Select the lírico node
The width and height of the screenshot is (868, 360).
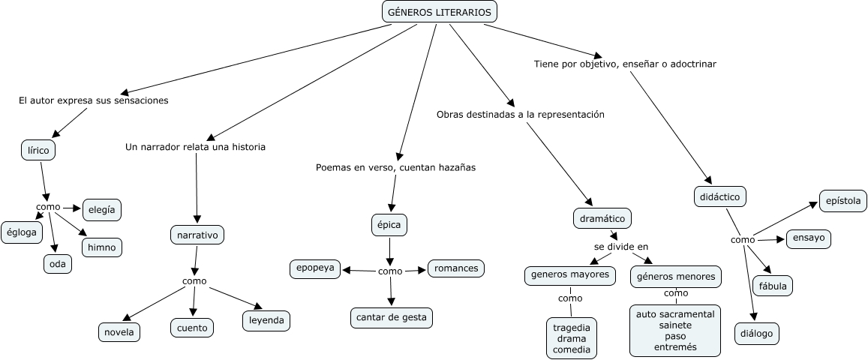pos(38,151)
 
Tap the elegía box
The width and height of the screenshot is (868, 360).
pos(102,210)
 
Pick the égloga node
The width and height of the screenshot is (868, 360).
pos(21,232)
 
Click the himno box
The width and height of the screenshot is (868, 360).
pos(101,247)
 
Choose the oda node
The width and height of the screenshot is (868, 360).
pos(57,263)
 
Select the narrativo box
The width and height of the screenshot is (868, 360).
pos(197,235)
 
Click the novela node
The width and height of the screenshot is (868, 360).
pos(119,331)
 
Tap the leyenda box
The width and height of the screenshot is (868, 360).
pos(266,321)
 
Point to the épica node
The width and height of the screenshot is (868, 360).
pos(390,223)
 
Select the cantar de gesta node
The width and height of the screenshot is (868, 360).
pos(392,317)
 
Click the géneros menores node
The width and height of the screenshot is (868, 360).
pos(676,276)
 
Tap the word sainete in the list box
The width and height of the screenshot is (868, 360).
pos(675,325)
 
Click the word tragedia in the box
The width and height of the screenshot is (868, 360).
pos(572,328)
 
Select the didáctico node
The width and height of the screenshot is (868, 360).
pos(719,196)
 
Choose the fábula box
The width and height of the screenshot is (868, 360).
pos(773,286)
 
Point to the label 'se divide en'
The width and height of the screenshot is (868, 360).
pos(621,246)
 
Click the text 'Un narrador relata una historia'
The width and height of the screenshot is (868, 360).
pos(195,147)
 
